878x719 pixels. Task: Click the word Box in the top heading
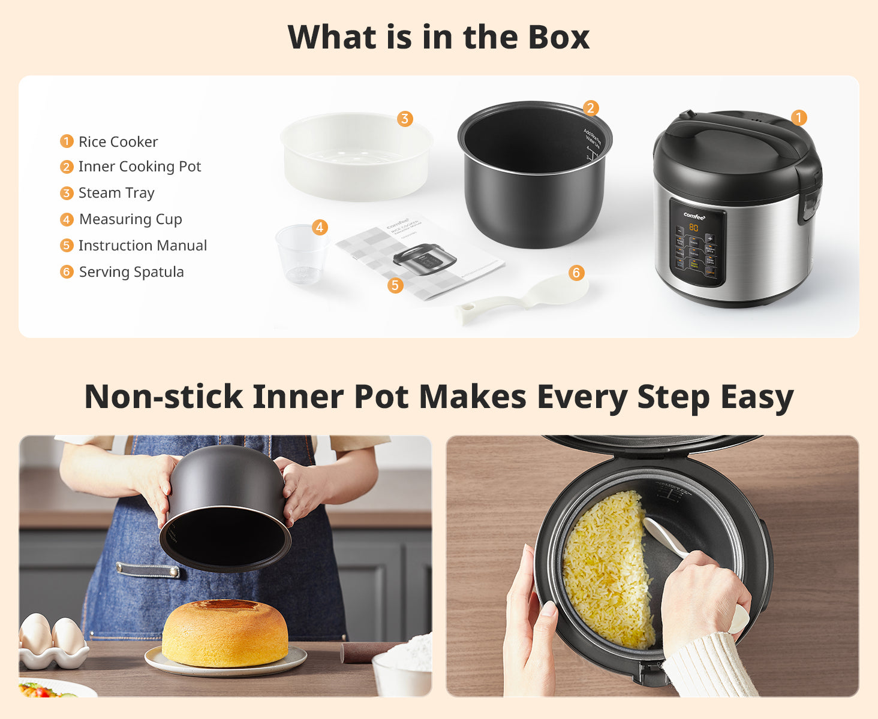click(558, 37)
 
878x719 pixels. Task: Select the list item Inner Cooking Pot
click(139, 167)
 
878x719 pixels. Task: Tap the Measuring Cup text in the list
click(130, 219)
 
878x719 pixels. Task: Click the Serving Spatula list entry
click(131, 272)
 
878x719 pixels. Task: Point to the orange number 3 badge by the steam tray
click(405, 119)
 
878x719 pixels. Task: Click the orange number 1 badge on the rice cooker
click(798, 117)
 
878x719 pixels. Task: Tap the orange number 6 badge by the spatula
click(576, 273)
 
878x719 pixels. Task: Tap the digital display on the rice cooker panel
click(693, 228)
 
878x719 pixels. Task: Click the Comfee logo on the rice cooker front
click(694, 216)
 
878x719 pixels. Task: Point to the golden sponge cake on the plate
click(225, 634)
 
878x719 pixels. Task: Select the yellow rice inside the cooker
click(606, 569)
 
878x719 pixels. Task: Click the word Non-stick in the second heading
click(163, 397)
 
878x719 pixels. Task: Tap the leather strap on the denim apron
click(148, 570)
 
